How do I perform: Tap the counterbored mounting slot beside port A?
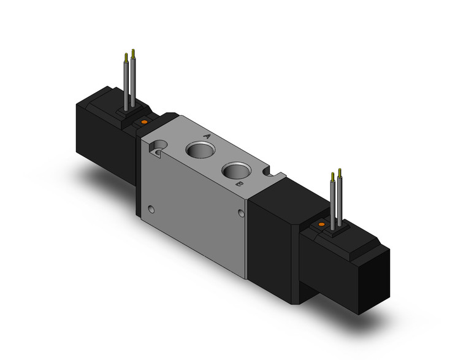(x=159, y=148)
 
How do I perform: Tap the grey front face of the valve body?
(x=196, y=202)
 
